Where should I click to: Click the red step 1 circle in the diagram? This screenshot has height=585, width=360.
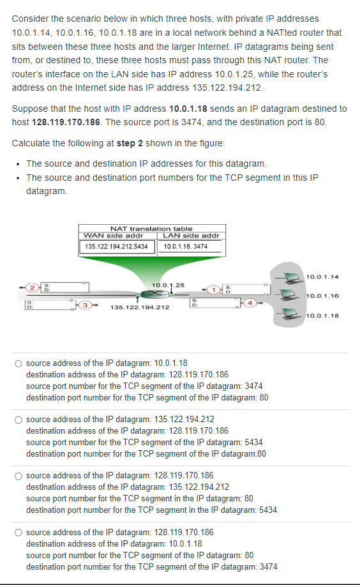(215, 288)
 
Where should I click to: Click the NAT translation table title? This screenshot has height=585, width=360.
(151, 229)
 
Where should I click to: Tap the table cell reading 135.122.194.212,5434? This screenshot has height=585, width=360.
(117, 247)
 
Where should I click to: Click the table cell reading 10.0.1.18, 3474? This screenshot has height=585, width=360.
(186, 247)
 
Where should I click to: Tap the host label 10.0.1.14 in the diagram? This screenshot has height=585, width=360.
(322, 277)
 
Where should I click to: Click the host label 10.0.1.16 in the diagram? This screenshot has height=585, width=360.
(322, 296)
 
